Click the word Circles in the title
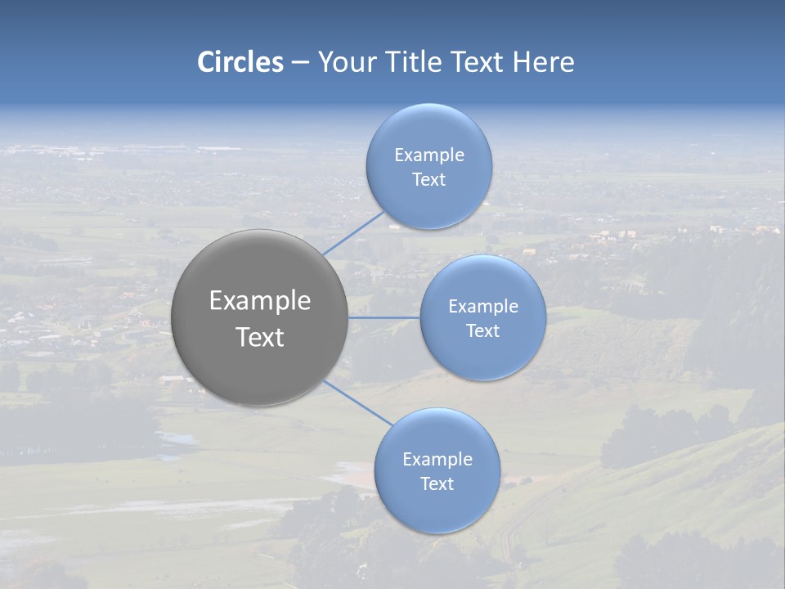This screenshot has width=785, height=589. tap(240, 62)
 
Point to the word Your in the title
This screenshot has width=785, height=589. tap(344, 62)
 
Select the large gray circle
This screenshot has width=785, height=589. tap(259, 317)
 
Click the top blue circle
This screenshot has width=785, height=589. tap(428, 166)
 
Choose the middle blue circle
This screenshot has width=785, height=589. tap(482, 317)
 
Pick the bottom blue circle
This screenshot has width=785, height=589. tap(437, 470)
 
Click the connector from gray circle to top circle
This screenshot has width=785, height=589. tap(352, 233)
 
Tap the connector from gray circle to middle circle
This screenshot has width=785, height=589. tap(384, 317)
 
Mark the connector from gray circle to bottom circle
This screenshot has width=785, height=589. tap(357, 402)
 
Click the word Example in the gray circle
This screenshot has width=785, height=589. tap(259, 301)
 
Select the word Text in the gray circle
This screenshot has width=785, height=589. tap(259, 337)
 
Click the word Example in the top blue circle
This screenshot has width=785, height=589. tap(428, 155)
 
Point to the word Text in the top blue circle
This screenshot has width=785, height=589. tap(428, 179)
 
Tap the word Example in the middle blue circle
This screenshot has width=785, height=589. tap(482, 306)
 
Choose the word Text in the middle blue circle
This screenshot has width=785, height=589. tap(482, 330)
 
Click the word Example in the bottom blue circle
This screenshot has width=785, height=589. tap(437, 459)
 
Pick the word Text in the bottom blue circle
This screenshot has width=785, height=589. tap(437, 483)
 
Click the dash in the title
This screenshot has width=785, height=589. tap(299, 63)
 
